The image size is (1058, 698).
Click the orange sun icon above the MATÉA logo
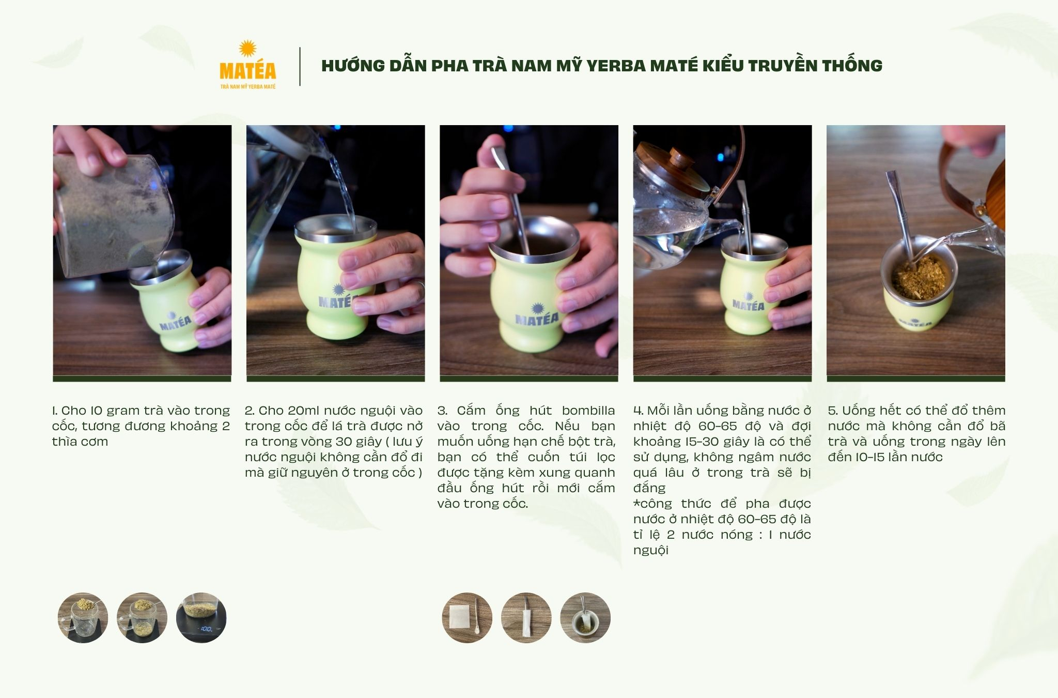[x=247, y=49]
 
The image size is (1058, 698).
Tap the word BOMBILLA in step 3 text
[x=588, y=411]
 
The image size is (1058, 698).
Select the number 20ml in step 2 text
[x=297, y=411]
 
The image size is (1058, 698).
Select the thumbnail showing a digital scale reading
[x=201, y=618]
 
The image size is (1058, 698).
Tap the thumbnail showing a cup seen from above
[x=585, y=618]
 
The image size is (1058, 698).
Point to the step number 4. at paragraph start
[x=638, y=411]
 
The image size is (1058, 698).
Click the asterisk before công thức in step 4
[x=636, y=503]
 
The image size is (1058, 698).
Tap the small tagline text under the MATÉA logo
[x=248, y=86]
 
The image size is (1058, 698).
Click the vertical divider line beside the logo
[x=300, y=66]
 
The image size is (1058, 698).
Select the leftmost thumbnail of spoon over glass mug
[x=83, y=618]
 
